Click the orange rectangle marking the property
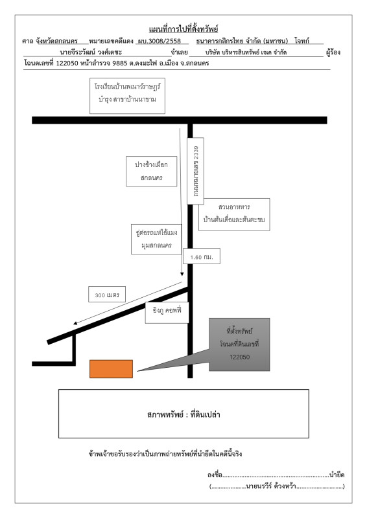coord(111,369)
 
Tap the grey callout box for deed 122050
coord(239,344)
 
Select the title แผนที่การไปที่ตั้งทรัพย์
coord(184,29)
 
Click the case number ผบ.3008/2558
coord(160,41)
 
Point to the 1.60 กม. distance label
coord(202,256)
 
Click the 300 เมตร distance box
coord(107,295)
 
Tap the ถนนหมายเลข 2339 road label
coord(196,171)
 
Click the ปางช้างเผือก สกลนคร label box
coord(152,171)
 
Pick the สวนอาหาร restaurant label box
coord(234,214)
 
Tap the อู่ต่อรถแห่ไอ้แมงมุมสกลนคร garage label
coord(156,239)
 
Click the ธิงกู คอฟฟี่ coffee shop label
coord(167,313)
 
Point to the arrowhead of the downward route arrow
coord(182,274)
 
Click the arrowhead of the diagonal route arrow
coord(75,323)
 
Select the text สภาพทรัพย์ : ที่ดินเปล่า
coord(184,414)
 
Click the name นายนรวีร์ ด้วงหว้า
coord(271,486)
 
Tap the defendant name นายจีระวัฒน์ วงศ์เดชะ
coord(91,52)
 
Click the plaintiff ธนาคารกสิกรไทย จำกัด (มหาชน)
coord(242,41)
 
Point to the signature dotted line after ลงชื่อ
coord(276,477)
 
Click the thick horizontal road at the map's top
coord(180,120)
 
